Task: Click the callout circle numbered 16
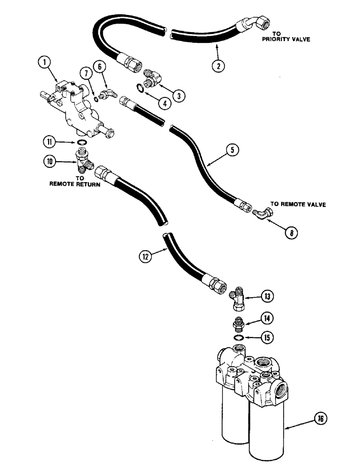coord(323,419)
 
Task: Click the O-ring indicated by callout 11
coord(82,143)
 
